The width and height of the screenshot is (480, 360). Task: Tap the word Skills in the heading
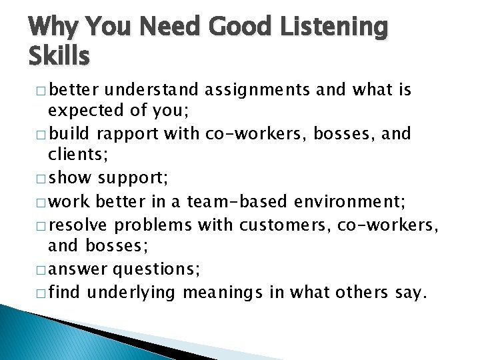pos(59,57)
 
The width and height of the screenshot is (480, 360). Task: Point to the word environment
pos(347,201)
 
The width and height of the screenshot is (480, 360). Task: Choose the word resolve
pos(85,224)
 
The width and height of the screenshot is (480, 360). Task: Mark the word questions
pos(153,270)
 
